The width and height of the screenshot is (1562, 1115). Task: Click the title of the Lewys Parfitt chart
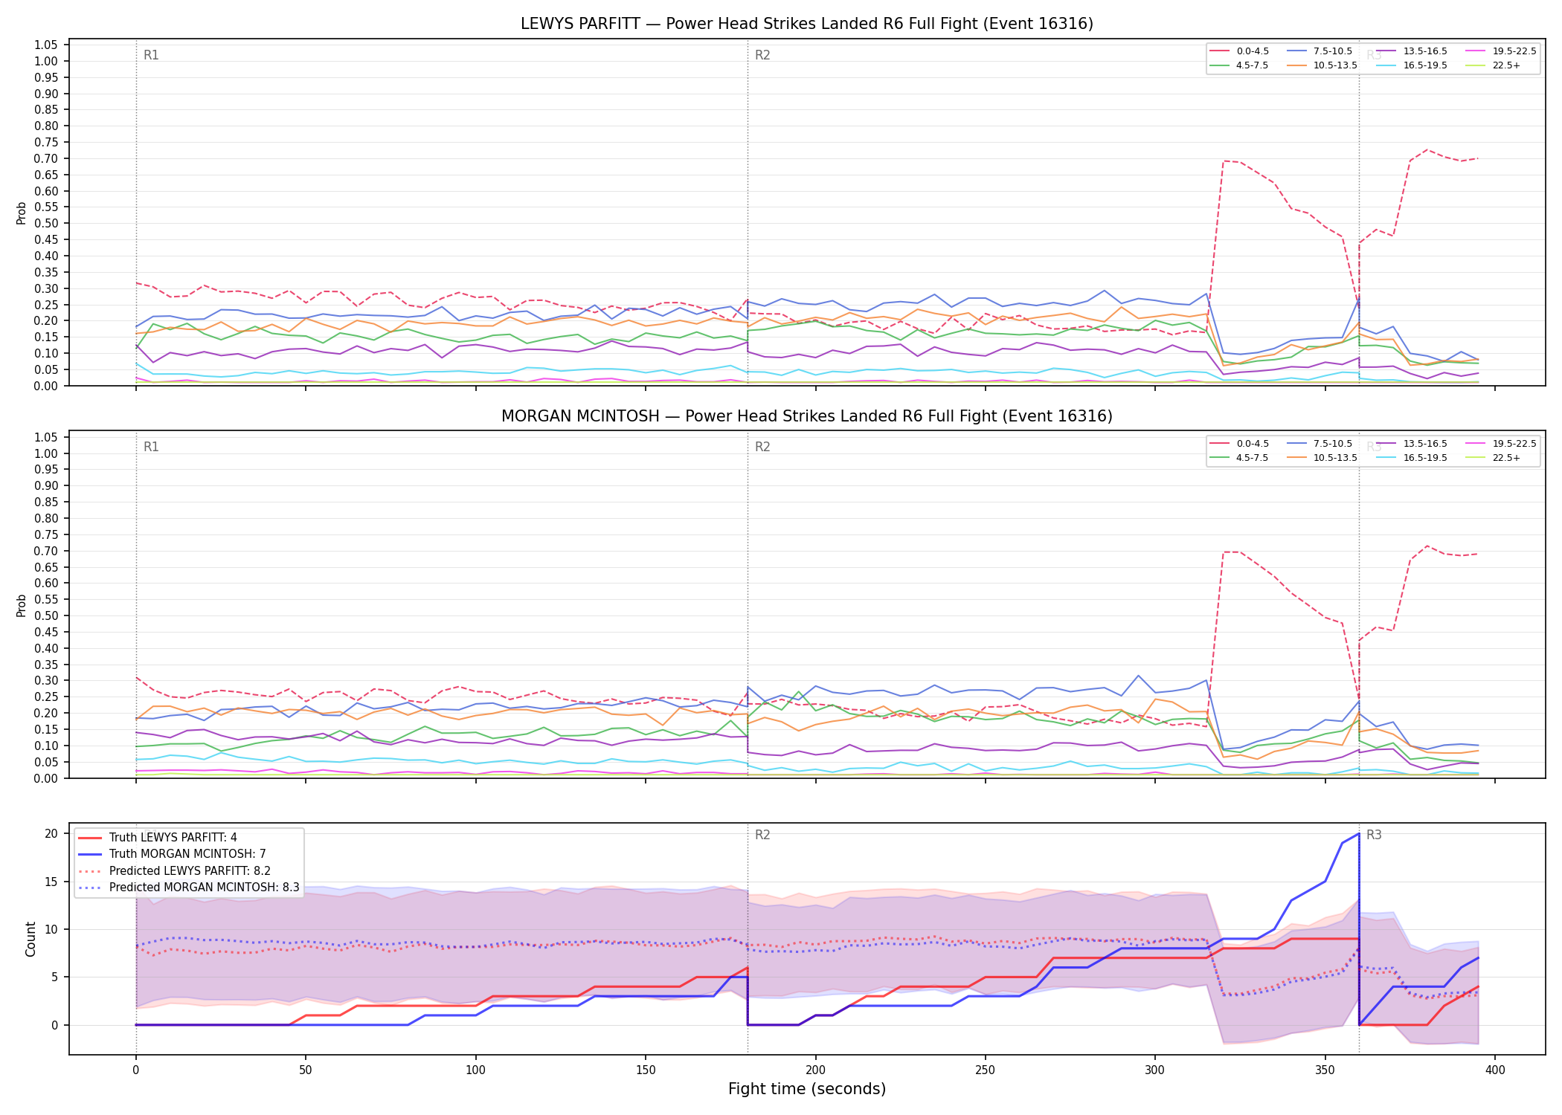(x=807, y=24)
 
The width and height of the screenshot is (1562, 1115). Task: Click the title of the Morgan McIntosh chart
(x=807, y=416)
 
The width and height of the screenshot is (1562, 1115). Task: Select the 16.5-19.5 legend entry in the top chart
(x=1412, y=65)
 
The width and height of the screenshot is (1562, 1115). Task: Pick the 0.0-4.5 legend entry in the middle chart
(x=1240, y=444)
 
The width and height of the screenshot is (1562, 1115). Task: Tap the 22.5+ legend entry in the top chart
(x=1493, y=65)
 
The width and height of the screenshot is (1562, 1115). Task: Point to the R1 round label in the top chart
(x=151, y=55)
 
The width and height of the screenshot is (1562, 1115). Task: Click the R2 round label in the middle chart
(x=762, y=447)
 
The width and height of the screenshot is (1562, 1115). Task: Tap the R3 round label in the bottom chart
(x=1374, y=835)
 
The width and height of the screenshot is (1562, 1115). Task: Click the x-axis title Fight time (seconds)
(x=807, y=1089)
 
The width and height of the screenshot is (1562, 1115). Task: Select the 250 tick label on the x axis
(x=986, y=1070)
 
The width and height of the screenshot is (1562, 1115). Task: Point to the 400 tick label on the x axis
(x=1495, y=1070)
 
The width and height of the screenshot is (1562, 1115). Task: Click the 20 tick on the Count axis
(x=51, y=833)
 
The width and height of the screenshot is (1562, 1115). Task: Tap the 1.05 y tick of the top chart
(x=46, y=45)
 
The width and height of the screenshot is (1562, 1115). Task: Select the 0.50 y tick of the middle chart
(x=46, y=615)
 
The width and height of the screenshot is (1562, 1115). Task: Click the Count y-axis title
(x=30, y=939)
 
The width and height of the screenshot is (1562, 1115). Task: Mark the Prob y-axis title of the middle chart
(x=22, y=605)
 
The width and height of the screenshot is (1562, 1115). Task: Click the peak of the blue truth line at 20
(x=1359, y=833)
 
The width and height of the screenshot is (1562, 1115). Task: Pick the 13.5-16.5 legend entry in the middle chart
(x=1412, y=444)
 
